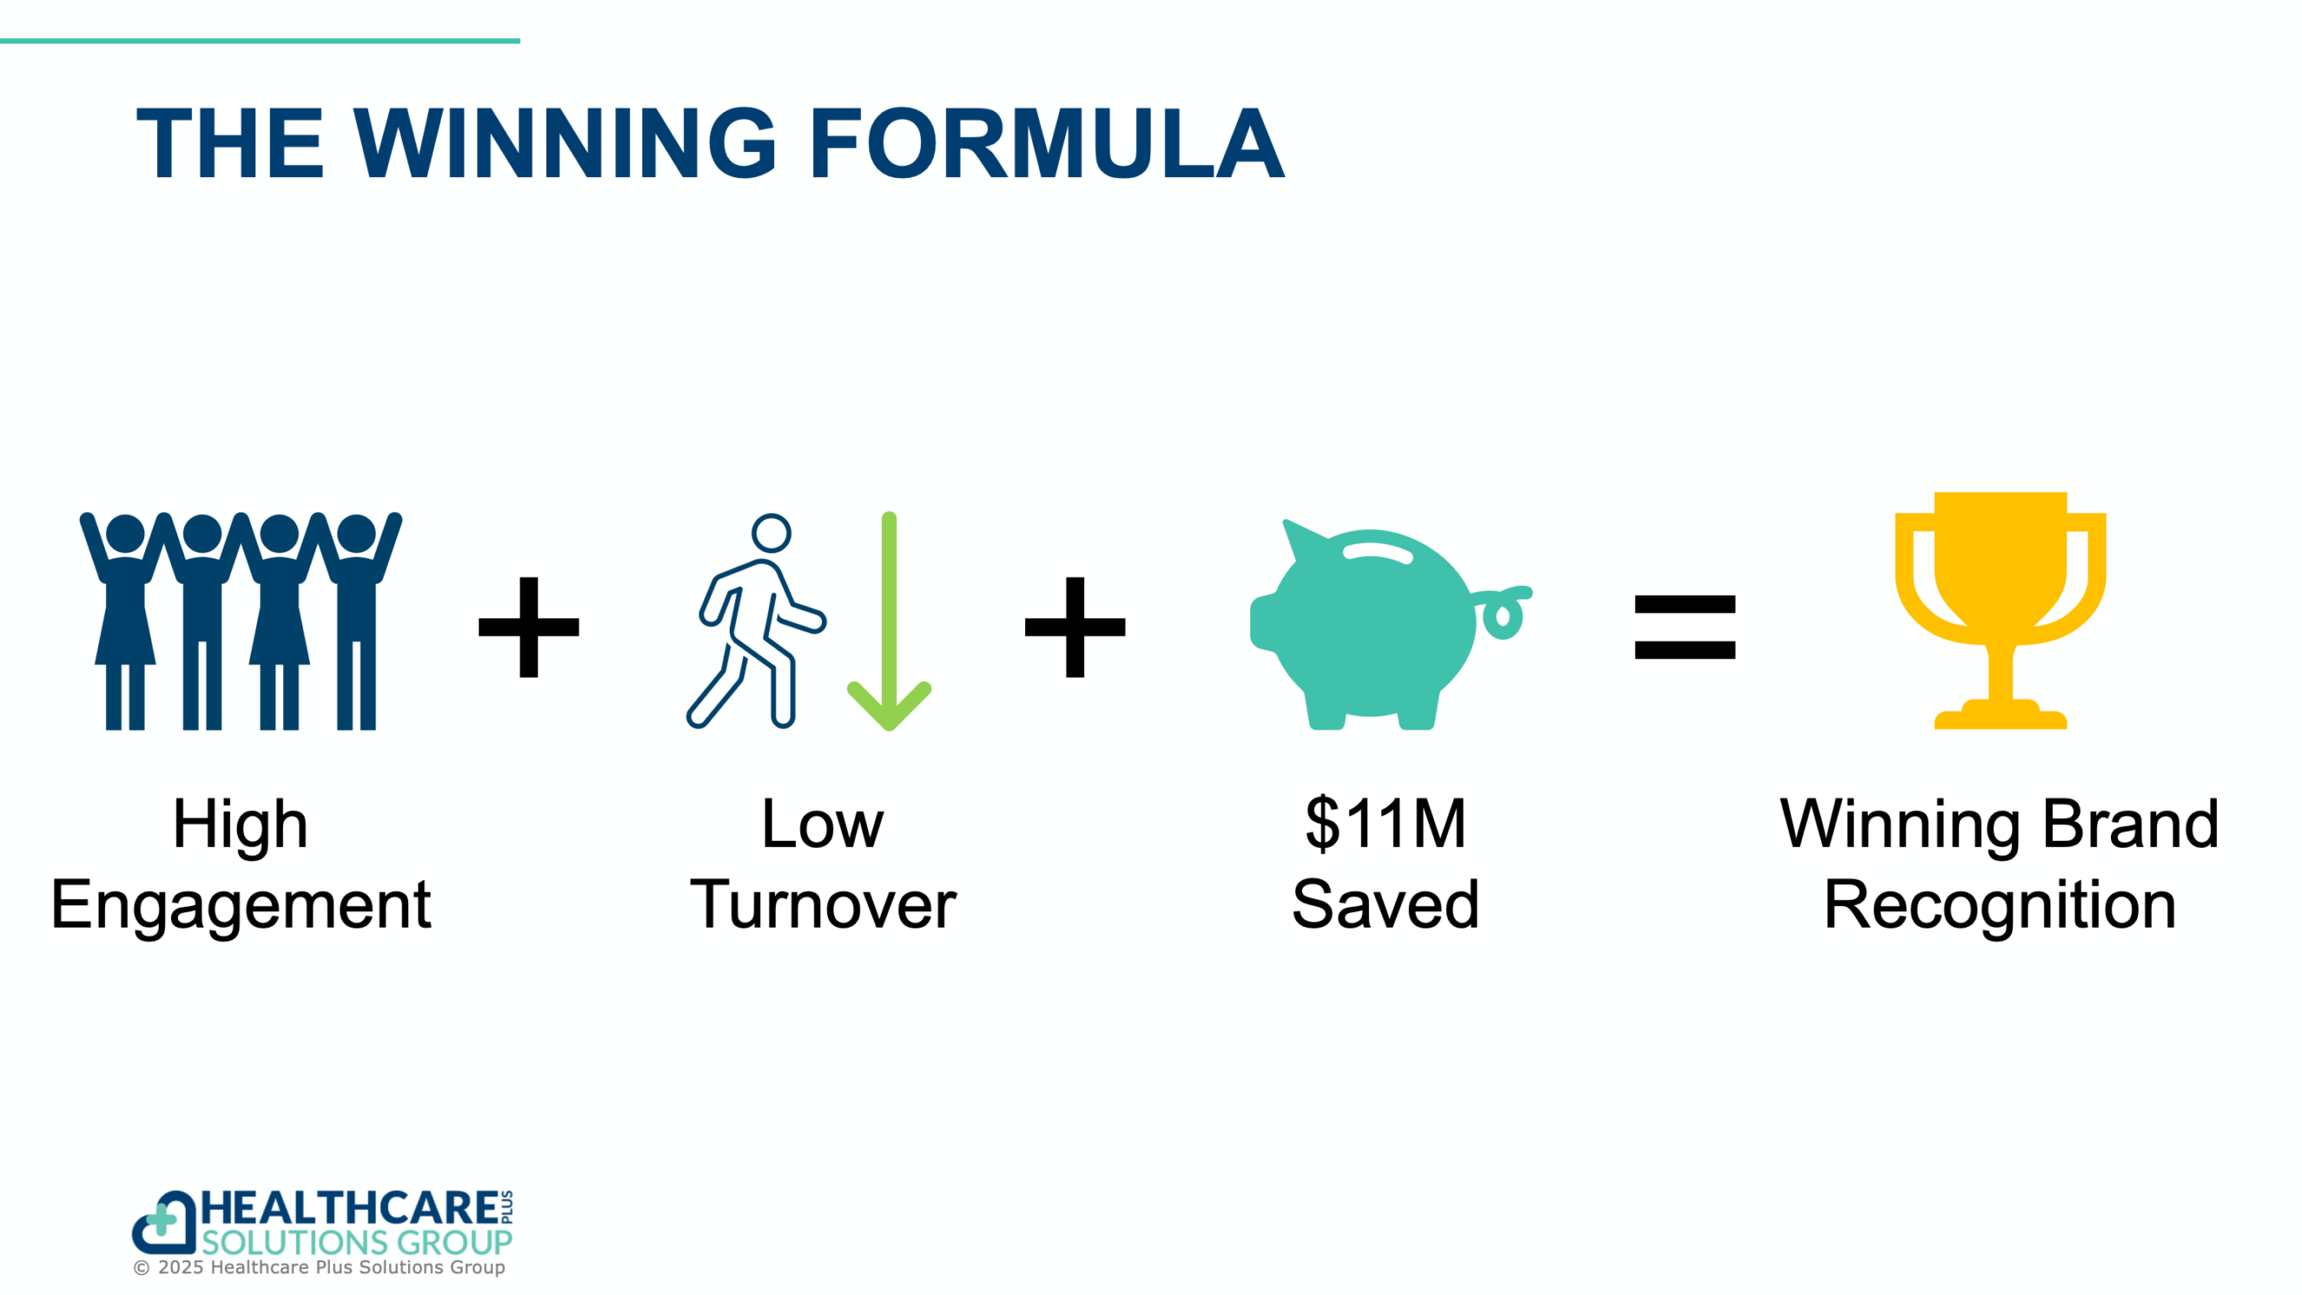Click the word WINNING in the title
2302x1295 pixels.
coord(565,143)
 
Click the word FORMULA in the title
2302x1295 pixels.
coord(1048,143)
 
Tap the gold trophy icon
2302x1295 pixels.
coord(2000,611)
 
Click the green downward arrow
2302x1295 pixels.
coord(890,621)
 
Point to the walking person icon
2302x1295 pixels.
coord(756,621)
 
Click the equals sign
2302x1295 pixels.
coord(1684,626)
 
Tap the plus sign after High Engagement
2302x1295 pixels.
coord(529,626)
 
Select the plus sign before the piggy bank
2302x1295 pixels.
coord(1075,626)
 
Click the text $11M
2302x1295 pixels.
coord(1386,823)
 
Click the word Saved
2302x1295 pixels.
coord(1386,904)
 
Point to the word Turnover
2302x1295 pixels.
coord(823,904)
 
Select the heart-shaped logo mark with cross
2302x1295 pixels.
coord(163,1222)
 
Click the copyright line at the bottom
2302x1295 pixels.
coord(319,1267)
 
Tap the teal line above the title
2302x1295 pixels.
coord(260,40)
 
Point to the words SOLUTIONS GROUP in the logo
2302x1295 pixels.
coord(356,1242)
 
